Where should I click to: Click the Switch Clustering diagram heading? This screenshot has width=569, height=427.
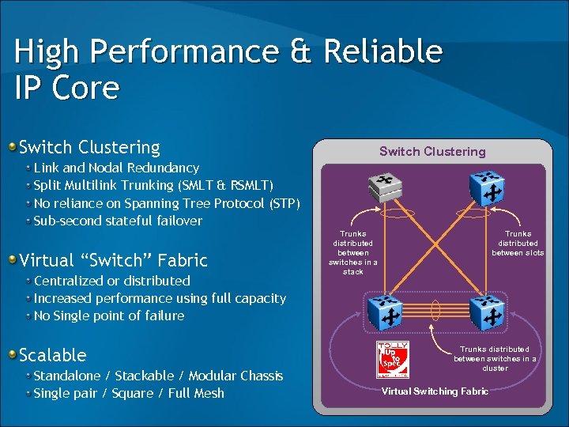pyautogui.click(x=432, y=151)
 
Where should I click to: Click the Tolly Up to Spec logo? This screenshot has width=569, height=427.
pyautogui.click(x=393, y=361)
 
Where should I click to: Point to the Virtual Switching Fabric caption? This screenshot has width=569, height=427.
pyautogui.click(x=435, y=391)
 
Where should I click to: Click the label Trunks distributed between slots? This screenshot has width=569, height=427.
pyautogui.click(x=518, y=243)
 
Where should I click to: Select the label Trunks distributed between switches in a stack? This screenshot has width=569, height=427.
pyautogui.click(x=353, y=252)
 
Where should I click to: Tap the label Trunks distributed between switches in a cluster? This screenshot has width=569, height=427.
pyautogui.click(x=495, y=358)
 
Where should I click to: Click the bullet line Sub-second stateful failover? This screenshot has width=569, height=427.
pyautogui.click(x=118, y=221)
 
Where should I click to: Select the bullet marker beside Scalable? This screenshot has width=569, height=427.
pyautogui.click(x=12, y=355)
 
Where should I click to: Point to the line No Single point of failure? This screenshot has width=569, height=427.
pyautogui.click(x=109, y=316)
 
